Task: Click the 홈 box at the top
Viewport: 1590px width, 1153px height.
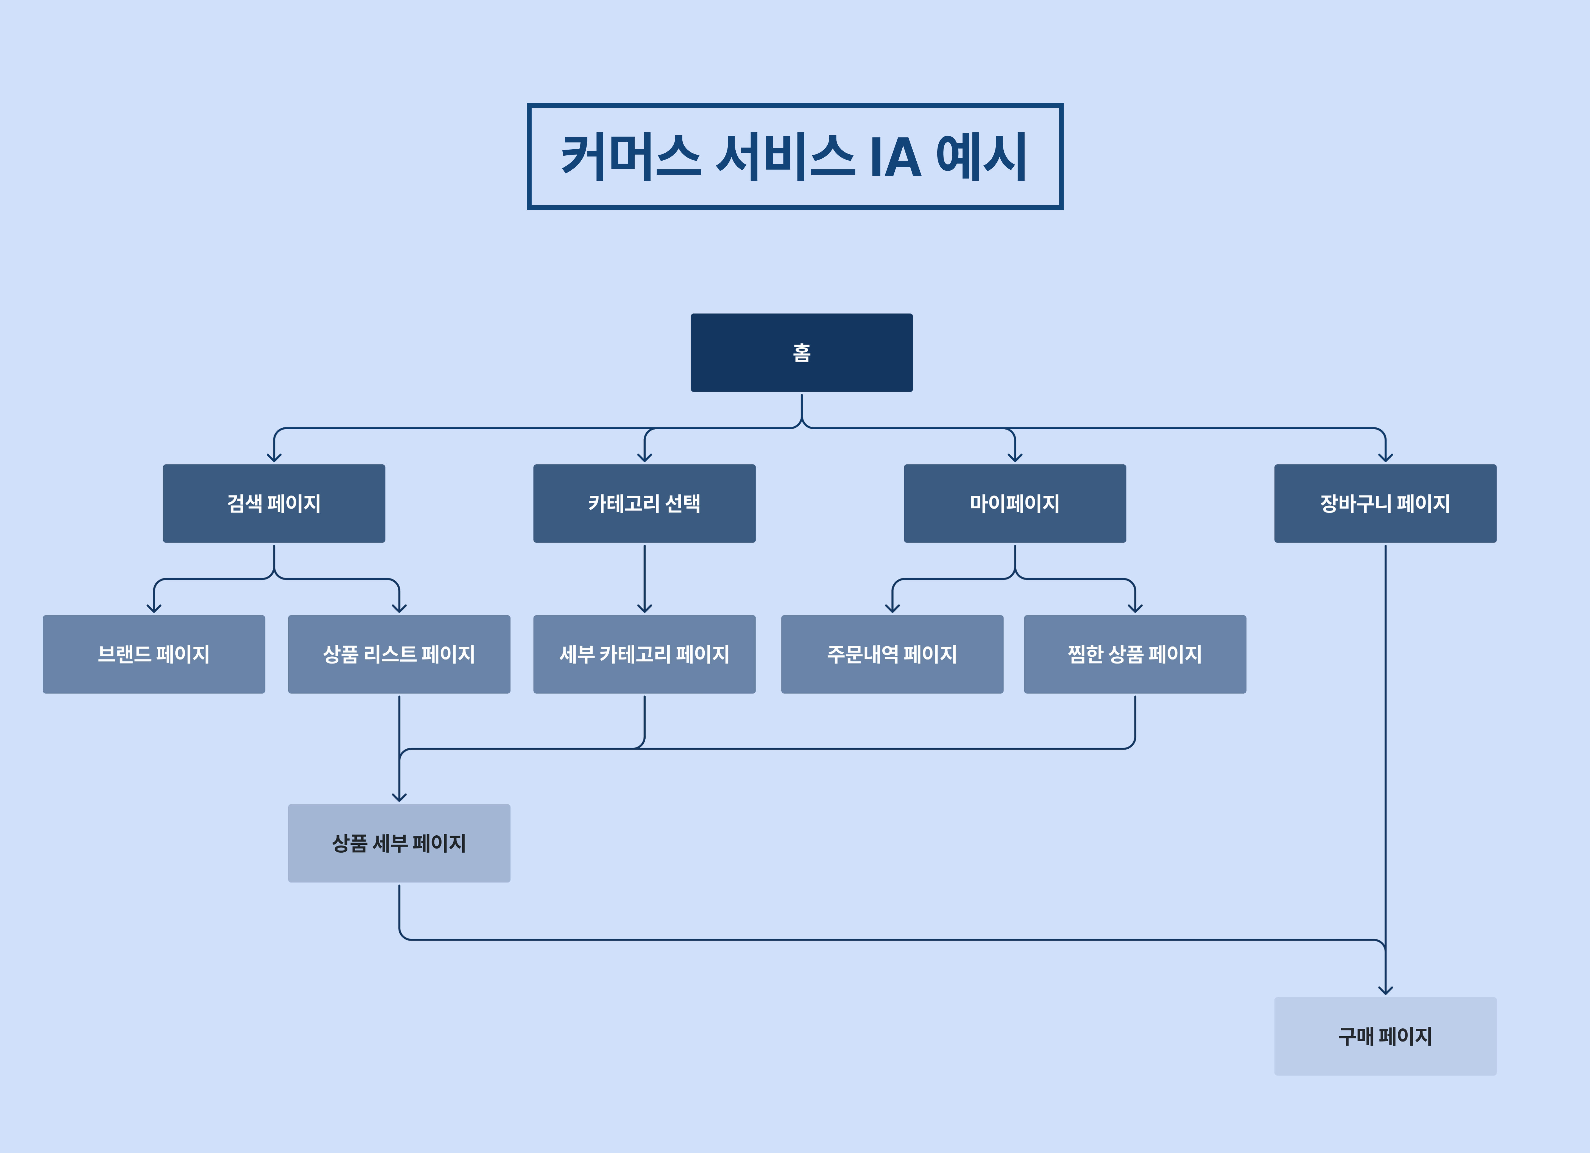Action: [801, 352]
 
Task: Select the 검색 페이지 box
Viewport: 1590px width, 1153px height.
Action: [274, 503]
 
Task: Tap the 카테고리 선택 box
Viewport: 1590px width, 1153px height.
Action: [644, 503]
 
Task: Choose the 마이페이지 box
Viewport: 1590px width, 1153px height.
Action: [1014, 503]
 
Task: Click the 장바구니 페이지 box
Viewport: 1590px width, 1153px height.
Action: [1385, 503]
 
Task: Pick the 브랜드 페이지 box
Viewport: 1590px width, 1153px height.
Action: [154, 654]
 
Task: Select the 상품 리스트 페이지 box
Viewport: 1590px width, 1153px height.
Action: [399, 654]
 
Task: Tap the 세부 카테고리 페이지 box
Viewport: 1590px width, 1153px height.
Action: [644, 654]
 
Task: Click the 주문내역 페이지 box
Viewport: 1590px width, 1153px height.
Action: [892, 654]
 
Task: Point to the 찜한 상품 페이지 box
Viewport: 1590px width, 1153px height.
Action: [1134, 654]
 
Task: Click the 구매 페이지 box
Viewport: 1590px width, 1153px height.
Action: [1385, 1036]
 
